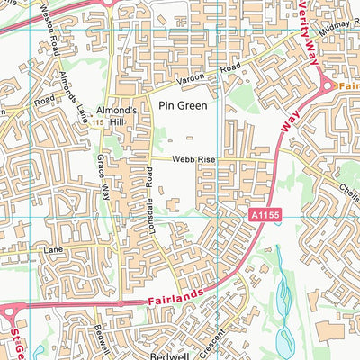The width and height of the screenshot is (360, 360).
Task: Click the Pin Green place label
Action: tap(183, 105)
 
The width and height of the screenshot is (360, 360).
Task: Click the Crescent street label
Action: tap(229, 319)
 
